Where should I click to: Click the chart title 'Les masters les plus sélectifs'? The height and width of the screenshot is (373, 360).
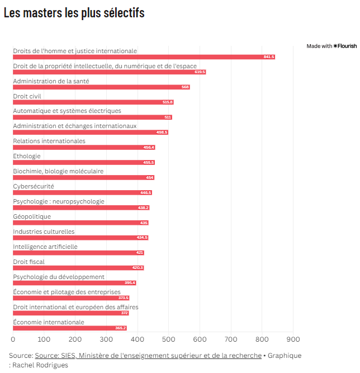(74, 13)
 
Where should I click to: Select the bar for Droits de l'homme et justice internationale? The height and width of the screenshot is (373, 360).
(144, 57)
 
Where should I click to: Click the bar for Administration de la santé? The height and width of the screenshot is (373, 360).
(101, 87)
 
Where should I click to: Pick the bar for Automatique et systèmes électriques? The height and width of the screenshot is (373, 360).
(92, 117)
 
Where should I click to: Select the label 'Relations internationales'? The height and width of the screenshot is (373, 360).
(49, 141)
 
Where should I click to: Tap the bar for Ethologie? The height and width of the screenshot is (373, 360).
(84, 163)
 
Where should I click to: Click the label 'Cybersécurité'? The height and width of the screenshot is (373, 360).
(34, 186)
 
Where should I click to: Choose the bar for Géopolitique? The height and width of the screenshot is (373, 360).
(80, 223)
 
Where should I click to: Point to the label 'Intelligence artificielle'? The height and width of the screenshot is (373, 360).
(45, 247)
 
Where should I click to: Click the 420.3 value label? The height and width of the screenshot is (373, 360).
(138, 268)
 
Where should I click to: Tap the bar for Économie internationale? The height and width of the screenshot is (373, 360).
(70, 328)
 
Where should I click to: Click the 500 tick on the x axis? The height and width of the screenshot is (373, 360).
(169, 339)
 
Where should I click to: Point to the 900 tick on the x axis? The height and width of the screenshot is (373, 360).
(293, 339)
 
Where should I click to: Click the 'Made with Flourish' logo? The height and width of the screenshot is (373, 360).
(331, 46)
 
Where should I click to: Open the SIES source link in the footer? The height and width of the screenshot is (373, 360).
(148, 356)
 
